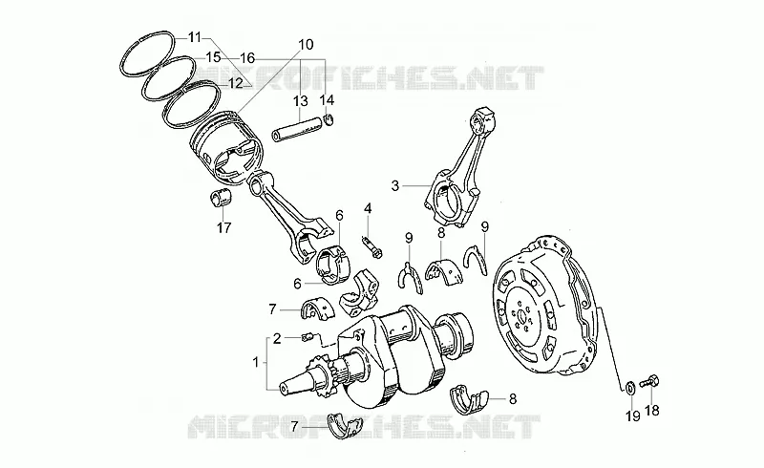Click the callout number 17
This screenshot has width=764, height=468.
(x=223, y=227)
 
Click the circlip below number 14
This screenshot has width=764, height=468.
(x=329, y=120)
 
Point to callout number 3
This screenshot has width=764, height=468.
(x=395, y=185)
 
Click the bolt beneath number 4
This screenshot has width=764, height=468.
(x=372, y=246)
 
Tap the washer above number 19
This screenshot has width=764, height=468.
(x=629, y=388)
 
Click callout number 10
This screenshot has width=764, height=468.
(x=306, y=45)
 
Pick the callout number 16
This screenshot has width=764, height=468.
(x=247, y=58)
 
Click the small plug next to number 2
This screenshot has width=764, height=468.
(x=307, y=337)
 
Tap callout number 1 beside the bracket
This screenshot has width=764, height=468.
(x=255, y=362)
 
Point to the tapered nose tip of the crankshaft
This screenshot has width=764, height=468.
(x=283, y=389)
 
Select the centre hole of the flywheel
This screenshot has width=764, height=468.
(x=521, y=318)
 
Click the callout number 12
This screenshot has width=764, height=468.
(x=235, y=83)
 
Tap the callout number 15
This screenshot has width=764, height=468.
(x=213, y=57)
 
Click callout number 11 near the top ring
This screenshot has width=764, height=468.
(x=194, y=37)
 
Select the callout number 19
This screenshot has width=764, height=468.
(x=633, y=416)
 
